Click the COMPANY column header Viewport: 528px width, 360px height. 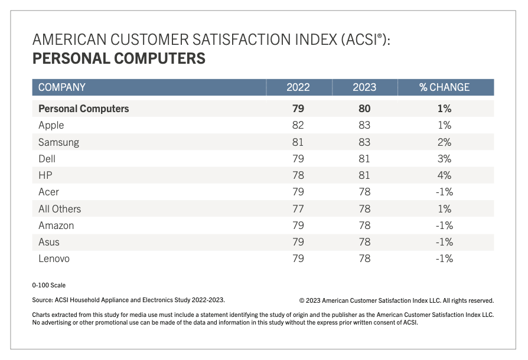click(62, 87)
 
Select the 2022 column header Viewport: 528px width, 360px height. click(298, 87)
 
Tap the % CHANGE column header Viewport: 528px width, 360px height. click(444, 87)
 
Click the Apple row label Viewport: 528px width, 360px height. click(51, 125)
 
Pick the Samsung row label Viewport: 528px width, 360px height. click(58, 142)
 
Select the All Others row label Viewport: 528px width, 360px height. click(60, 209)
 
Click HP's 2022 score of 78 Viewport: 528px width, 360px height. click(298, 175)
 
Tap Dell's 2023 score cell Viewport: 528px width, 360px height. click(364, 159)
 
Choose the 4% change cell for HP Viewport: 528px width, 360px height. click(445, 175)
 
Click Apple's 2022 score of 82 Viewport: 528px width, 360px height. click(298, 125)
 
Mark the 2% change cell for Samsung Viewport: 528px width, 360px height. click(445, 142)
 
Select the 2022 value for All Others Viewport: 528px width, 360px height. click(298, 209)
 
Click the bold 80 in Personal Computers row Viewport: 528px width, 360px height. click(364, 109)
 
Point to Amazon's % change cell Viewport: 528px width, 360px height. click(445, 225)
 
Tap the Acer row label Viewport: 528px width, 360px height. click(49, 192)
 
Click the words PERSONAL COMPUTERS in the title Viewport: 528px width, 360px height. click(119, 59)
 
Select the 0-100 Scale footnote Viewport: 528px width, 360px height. click(49, 285)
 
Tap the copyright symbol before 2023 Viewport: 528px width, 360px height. click(302, 300)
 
